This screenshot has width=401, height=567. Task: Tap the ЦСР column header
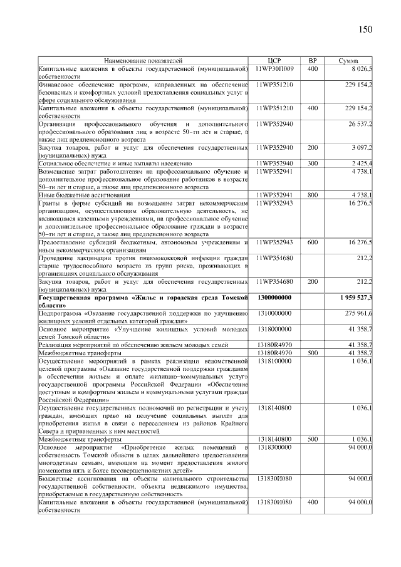point(274,61)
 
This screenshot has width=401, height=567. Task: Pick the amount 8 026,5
point(360,68)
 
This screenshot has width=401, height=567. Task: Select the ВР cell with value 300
point(312,163)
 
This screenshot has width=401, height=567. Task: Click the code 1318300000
point(274,447)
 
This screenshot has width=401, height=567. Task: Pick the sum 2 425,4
point(361,163)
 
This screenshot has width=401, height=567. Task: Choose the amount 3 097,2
point(361,148)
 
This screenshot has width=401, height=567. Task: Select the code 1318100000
point(274,361)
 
